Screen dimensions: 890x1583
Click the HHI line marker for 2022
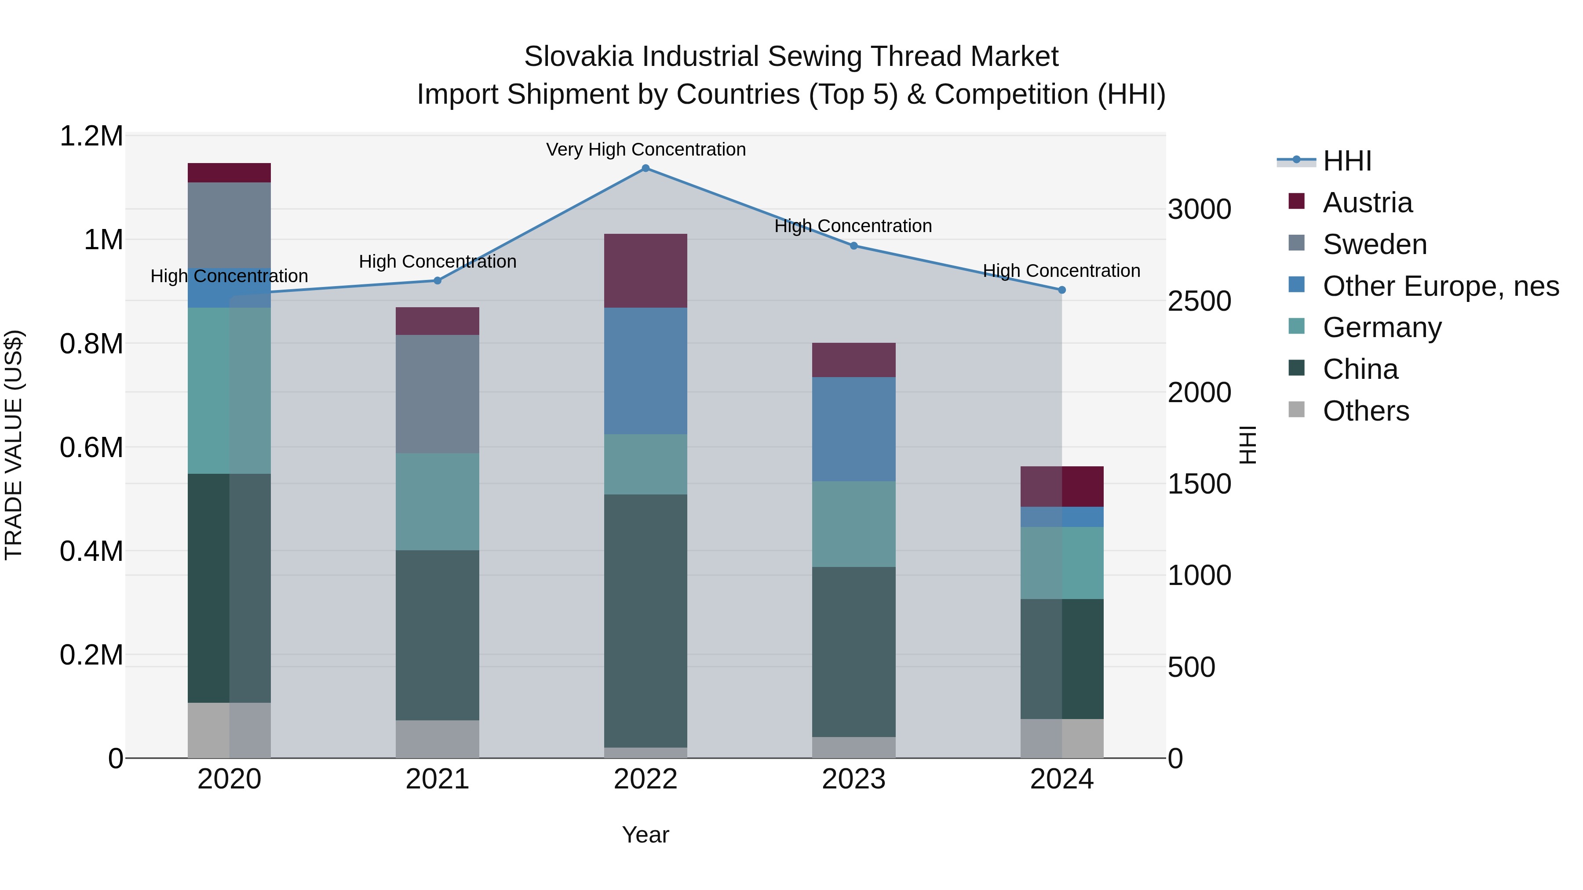point(645,168)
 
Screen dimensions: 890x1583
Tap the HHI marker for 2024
point(1061,290)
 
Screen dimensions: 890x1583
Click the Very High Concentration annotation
point(645,149)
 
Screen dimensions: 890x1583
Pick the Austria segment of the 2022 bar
point(645,270)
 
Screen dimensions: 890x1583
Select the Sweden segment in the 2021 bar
point(437,394)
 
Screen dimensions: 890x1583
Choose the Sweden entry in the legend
point(1374,244)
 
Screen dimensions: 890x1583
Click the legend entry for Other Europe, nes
point(1441,286)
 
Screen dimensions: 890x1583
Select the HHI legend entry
point(1346,161)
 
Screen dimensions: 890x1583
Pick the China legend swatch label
point(1360,369)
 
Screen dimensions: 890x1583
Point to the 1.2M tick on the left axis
point(91,136)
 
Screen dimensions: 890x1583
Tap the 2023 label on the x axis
point(853,779)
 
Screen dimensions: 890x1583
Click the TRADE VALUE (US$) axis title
point(14,445)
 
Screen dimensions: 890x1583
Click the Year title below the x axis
point(645,835)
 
